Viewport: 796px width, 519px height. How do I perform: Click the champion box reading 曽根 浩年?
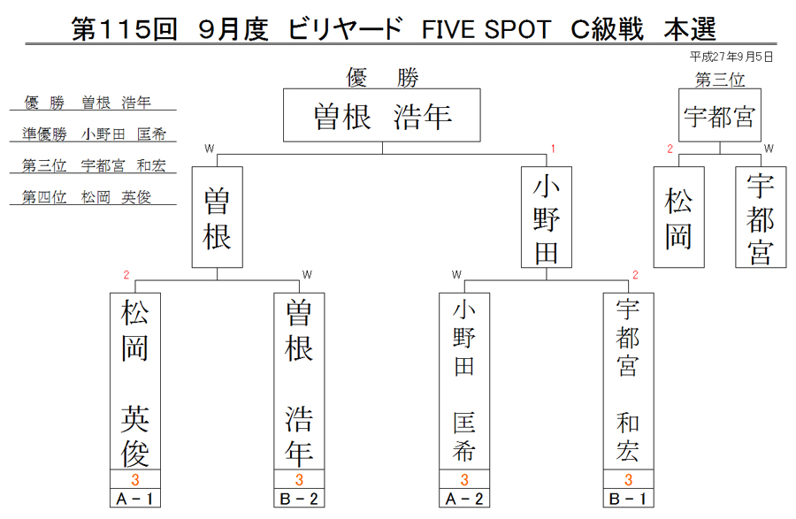tap(382, 115)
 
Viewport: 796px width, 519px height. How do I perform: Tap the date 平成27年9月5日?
tap(731, 57)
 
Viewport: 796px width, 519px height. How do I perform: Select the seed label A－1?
tap(135, 499)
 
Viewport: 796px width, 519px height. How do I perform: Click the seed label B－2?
tap(299, 499)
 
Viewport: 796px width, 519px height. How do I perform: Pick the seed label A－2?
tap(464, 499)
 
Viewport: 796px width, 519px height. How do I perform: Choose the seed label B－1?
tap(629, 499)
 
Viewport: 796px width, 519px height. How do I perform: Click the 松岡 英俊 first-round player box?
tap(135, 381)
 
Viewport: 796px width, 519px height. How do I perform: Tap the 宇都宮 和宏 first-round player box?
tap(629, 381)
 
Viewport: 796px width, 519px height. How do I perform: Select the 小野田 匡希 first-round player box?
tap(464, 381)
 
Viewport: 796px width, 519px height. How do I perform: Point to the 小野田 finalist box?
tap(547, 218)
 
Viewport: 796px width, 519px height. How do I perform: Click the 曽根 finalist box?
tap(218, 218)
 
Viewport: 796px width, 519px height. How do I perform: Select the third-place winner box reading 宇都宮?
tap(720, 115)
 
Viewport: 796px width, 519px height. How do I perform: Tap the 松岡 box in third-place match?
tap(678, 218)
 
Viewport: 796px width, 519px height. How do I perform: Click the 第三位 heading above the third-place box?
tap(720, 80)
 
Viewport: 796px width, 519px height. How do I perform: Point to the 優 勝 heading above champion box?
tap(382, 78)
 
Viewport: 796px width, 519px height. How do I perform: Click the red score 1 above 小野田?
tap(553, 149)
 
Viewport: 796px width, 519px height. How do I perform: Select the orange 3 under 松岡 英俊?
tap(135, 479)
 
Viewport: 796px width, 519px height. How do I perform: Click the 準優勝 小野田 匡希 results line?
tap(94, 134)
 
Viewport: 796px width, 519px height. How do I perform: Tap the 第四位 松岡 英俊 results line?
tap(87, 197)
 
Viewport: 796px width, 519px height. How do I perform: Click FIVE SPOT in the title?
tap(486, 29)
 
